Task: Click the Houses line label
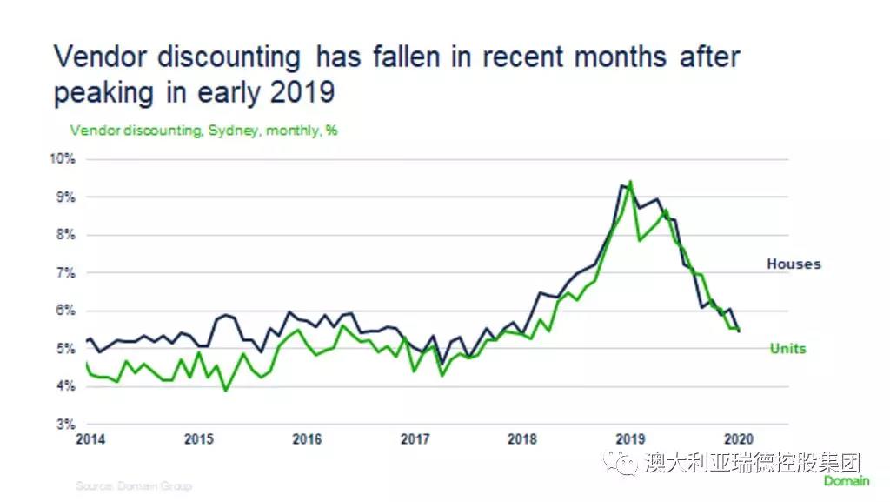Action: point(793,264)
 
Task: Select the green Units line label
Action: point(787,349)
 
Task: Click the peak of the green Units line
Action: point(630,182)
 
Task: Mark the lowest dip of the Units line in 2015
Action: point(226,390)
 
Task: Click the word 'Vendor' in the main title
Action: point(110,58)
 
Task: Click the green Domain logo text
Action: point(847,481)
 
